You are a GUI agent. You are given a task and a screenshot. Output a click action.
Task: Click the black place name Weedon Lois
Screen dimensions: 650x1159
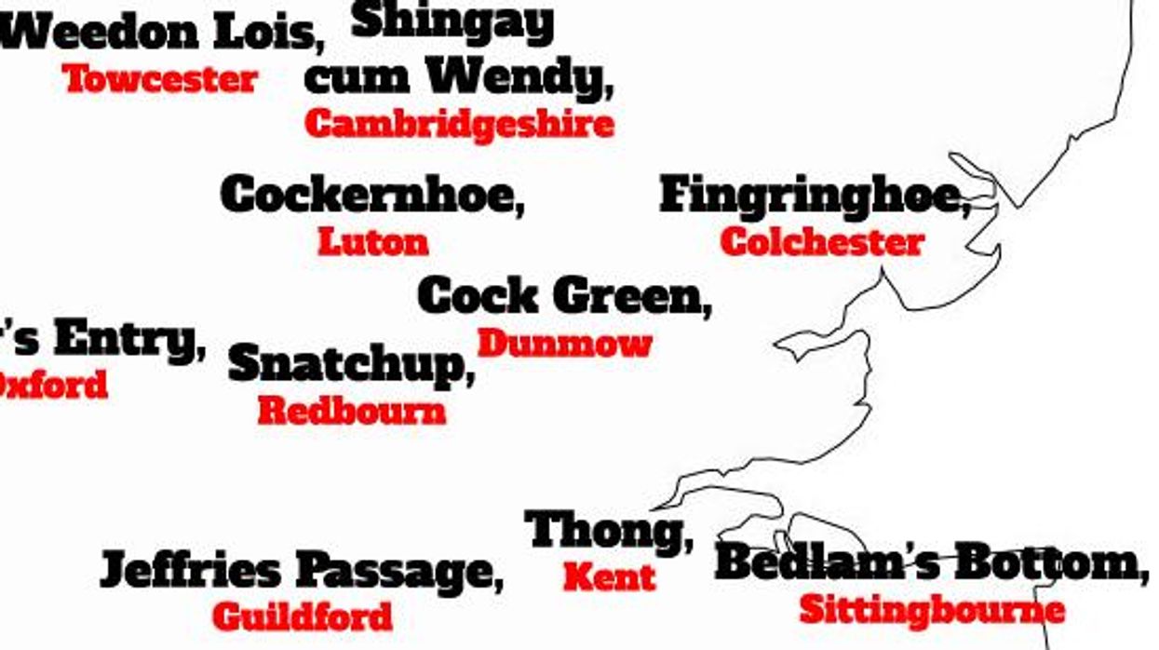pyautogui.click(x=158, y=34)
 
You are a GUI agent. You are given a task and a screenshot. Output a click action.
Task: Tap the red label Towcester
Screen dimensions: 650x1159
pyautogui.click(x=160, y=79)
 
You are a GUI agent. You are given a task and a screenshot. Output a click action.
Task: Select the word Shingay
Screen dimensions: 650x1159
pyautogui.click(x=453, y=22)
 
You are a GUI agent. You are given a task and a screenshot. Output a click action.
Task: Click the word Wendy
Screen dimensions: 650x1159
pyautogui.click(x=518, y=78)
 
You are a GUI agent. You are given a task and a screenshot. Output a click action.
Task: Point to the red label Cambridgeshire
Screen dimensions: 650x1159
pyautogui.click(x=459, y=124)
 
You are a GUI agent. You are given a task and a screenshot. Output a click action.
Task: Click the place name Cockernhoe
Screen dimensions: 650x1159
pyautogui.click(x=369, y=195)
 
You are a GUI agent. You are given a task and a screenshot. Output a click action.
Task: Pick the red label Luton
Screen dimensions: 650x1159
pyautogui.click(x=372, y=242)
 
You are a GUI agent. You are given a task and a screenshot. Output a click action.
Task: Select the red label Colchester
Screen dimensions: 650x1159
pyautogui.click(x=822, y=242)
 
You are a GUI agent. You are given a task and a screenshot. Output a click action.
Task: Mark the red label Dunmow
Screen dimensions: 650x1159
pyautogui.click(x=564, y=344)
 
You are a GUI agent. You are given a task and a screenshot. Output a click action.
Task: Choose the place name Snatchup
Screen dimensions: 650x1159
pyautogui.click(x=345, y=364)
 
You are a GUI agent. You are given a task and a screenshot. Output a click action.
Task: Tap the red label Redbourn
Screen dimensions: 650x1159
pyautogui.click(x=351, y=411)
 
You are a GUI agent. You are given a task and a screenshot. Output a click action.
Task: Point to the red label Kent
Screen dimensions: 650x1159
pyautogui.click(x=609, y=577)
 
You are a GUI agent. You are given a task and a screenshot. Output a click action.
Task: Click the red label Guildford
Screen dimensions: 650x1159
pyautogui.click(x=303, y=616)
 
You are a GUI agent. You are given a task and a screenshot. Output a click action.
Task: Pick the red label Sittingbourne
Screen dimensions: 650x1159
pyautogui.click(x=932, y=610)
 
